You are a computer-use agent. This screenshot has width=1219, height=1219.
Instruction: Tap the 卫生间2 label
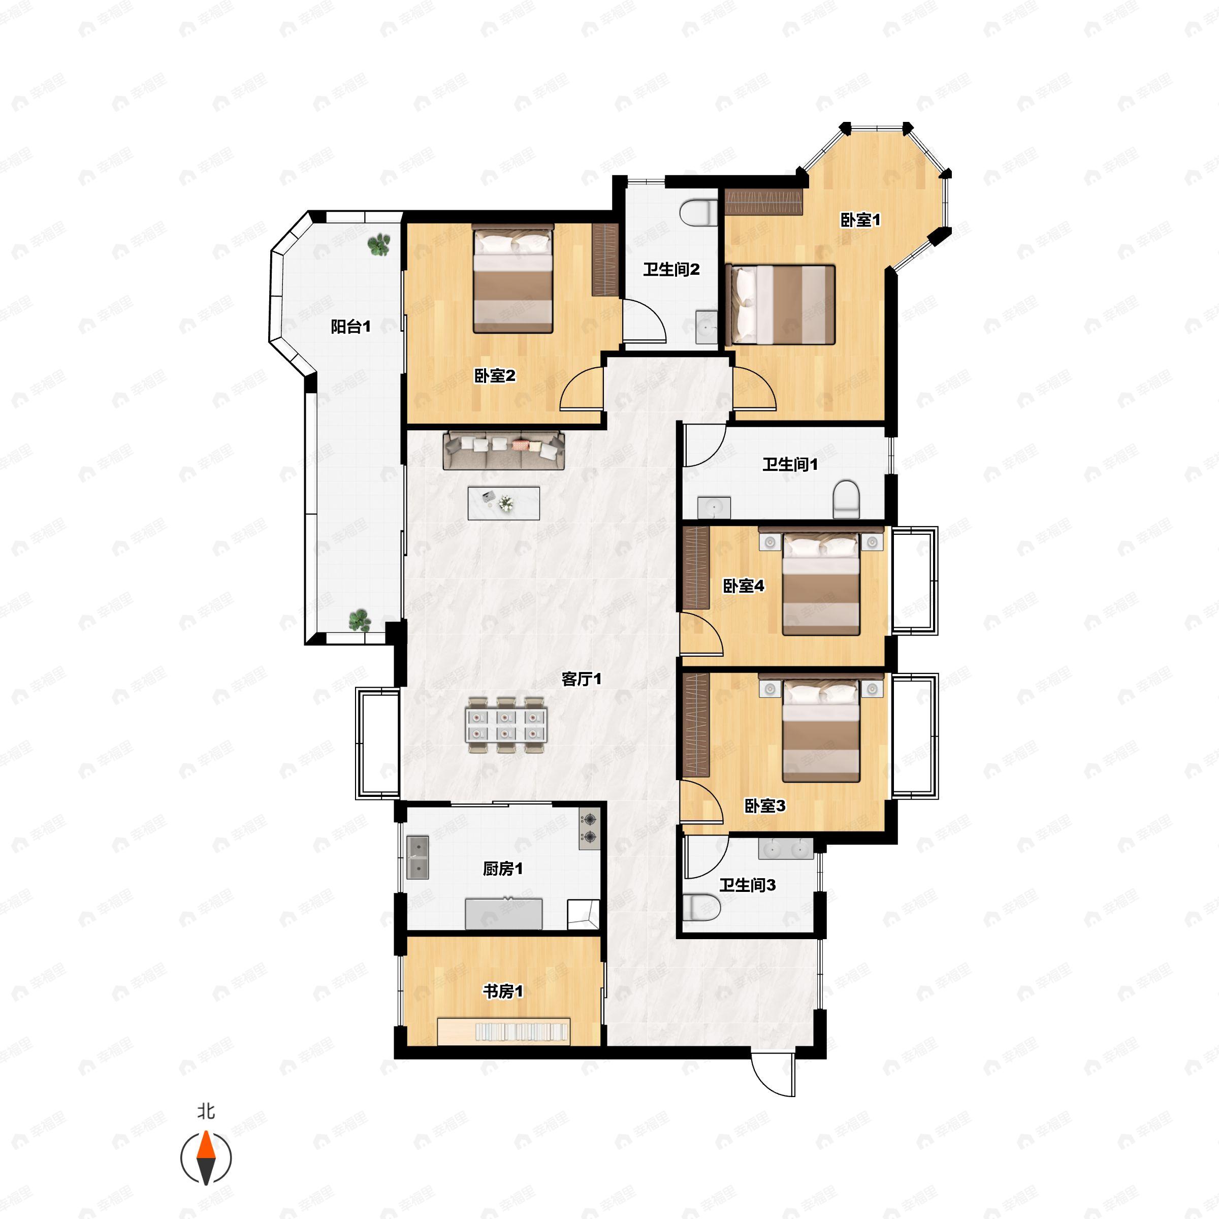coord(671,269)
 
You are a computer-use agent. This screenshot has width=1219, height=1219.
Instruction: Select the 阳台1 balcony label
coord(351,326)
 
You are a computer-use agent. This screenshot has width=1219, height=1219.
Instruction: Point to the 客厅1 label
coord(581,679)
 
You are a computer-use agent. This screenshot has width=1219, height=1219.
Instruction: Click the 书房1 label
coord(503,991)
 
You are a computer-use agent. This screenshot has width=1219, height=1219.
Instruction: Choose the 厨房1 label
coord(503,869)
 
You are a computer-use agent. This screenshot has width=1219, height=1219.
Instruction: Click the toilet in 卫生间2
coord(699,213)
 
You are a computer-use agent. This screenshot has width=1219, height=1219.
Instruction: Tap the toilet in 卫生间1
coord(846,499)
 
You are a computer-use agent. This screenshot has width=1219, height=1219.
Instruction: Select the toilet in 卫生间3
coord(701,907)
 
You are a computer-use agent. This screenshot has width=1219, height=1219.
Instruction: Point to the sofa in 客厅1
coord(503,451)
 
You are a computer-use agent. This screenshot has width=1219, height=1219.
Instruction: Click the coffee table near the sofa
coord(503,503)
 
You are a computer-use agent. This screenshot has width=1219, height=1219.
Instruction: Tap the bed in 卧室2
coord(513,278)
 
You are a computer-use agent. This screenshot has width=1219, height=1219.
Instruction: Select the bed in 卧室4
coord(821,581)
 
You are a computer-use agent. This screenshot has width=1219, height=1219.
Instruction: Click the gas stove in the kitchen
coord(589,828)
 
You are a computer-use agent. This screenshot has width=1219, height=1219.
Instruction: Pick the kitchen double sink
coord(418,857)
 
